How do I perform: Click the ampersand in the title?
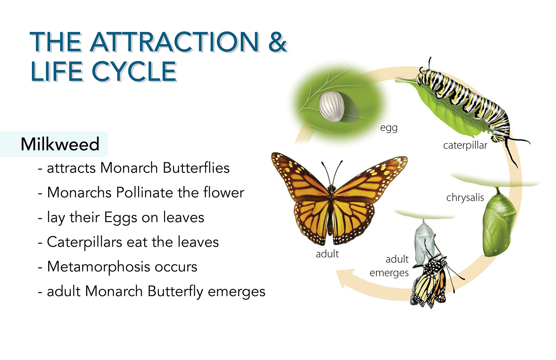point(278,42)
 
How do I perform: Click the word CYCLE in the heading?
point(134,72)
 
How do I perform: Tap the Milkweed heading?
point(60,144)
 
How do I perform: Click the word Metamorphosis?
point(98,267)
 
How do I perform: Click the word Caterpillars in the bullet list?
point(84,242)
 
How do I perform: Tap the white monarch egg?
point(331,106)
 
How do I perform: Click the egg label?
point(389,128)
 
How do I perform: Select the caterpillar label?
point(465,146)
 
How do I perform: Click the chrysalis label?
point(465,197)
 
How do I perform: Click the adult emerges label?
point(389,266)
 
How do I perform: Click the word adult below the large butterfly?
point(327,254)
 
